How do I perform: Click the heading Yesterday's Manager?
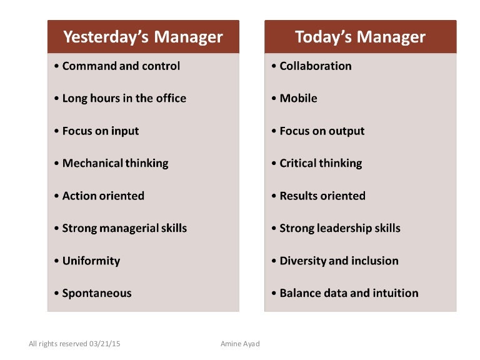click(x=142, y=37)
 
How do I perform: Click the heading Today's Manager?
click(x=360, y=37)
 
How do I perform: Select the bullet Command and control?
click(x=121, y=66)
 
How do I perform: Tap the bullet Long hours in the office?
click(x=124, y=98)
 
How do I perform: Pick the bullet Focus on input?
click(x=100, y=131)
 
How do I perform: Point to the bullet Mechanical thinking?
click(x=115, y=163)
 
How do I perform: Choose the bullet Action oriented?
click(x=103, y=196)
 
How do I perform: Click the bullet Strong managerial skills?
click(x=124, y=228)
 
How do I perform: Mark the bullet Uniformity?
click(x=91, y=261)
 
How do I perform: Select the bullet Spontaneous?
click(x=97, y=293)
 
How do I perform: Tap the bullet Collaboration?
click(x=315, y=66)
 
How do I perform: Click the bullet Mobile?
click(x=298, y=98)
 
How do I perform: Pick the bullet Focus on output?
click(x=321, y=131)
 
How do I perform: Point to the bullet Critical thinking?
click(x=320, y=163)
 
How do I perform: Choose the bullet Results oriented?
click(x=322, y=196)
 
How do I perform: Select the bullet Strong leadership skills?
click(x=339, y=228)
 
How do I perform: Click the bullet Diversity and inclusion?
click(x=338, y=261)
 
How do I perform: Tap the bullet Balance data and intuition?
click(x=348, y=293)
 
